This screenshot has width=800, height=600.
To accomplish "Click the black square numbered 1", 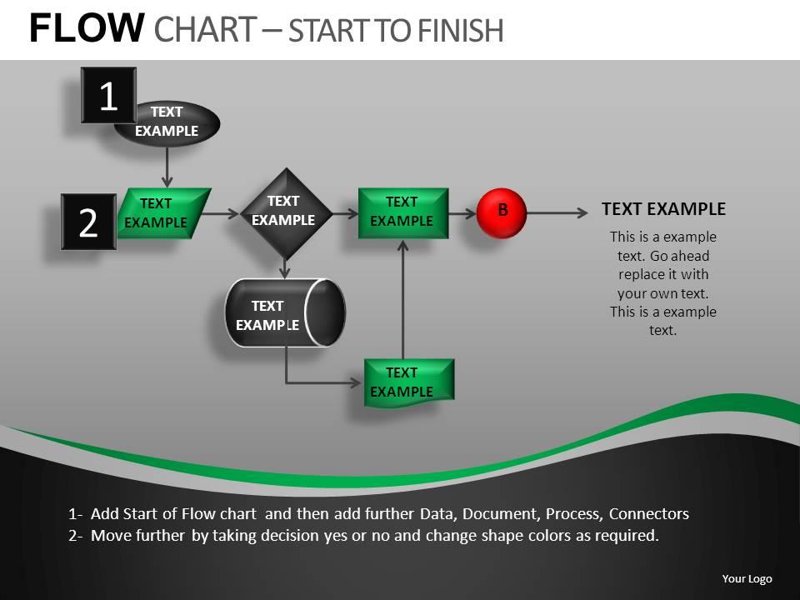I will pyautogui.click(x=108, y=96).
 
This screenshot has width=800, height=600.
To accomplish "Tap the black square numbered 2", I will pyautogui.click(x=88, y=222).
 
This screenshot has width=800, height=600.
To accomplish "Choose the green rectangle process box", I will pyautogui.click(x=402, y=212).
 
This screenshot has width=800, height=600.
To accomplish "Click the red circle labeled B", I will pyautogui.click(x=502, y=213).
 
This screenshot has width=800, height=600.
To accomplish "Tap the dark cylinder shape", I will pyautogui.click(x=284, y=313).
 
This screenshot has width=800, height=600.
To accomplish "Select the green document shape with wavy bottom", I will pyautogui.click(x=408, y=382).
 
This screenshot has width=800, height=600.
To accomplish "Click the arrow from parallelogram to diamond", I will pyautogui.click(x=222, y=213).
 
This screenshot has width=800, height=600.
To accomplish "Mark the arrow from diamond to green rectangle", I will pyautogui.click(x=344, y=213).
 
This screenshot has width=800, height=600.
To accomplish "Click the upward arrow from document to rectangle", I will pyautogui.click(x=402, y=300).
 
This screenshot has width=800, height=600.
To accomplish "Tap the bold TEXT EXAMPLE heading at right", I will pyautogui.click(x=663, y=209).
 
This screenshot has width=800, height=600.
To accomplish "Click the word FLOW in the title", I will pyautogui.click(x=87, y=29).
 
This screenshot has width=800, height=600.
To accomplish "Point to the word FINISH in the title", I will pyautogui.click(x=457, y=31).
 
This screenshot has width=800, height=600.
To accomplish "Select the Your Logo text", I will pyautogui.click(x=747, y=579).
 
